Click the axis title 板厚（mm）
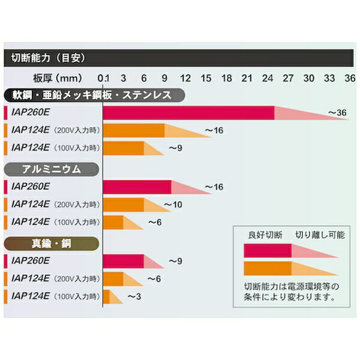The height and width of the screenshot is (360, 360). [x=58, y=78]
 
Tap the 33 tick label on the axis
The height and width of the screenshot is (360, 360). [x=329, y=78]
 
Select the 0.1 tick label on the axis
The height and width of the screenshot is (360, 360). [x=104, y=78]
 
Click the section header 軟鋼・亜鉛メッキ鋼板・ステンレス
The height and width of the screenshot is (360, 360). [x=88, y=95]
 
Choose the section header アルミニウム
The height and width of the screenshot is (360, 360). [x=50, y=169]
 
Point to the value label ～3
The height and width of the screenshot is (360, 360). [x=133, y=296]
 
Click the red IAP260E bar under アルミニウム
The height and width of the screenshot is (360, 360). [x=137, y=187]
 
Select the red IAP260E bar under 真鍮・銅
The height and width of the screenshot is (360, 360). [x=124, y=261]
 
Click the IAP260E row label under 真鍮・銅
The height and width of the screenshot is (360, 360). [x=30, y=261]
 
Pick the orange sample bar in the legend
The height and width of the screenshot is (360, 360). [x=267, y=268]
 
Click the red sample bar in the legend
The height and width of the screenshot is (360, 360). [x=267, y=250]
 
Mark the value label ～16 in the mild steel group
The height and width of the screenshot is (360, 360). [x=214, y=130]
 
